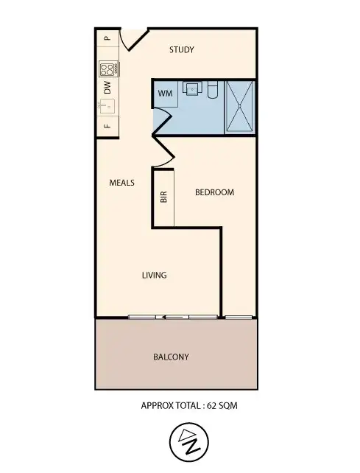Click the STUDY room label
point(181,50)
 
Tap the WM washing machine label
point(164,93)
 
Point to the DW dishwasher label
point(107,89)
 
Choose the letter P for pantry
point(107,38)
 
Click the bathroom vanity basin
point(192,90)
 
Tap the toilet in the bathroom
point(211,90)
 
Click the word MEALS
point(121,183)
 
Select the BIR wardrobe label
point(163,197)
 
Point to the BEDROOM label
point(214,192)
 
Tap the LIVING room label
point(154,276)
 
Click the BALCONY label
point(171,357)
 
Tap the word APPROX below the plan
point(156,406)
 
